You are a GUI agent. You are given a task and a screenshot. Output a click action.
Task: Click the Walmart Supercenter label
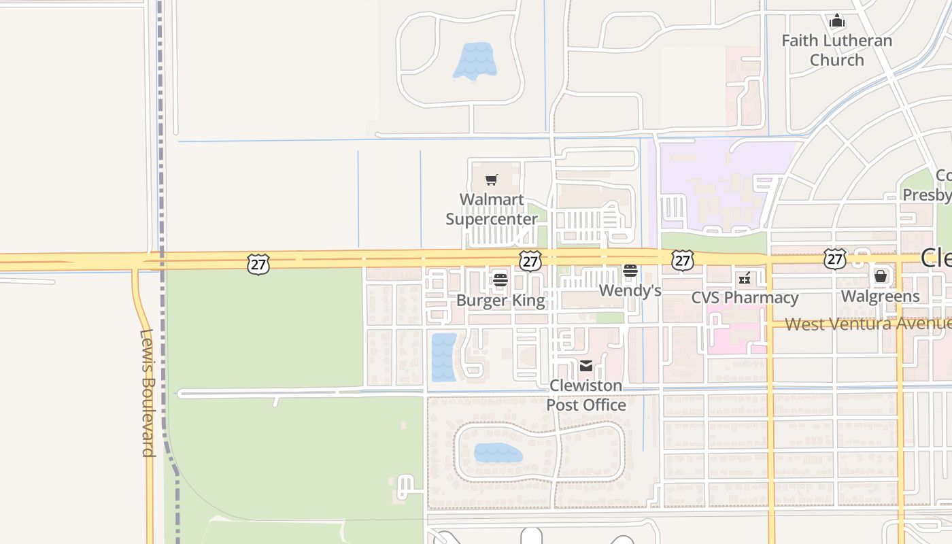point(492,209)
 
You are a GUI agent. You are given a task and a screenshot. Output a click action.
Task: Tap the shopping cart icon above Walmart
point(492,180)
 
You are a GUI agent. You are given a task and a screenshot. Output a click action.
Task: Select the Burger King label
point(500,301)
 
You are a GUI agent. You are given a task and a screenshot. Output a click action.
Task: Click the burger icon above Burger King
point(500,279)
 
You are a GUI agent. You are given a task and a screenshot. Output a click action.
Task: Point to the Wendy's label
point(630,291)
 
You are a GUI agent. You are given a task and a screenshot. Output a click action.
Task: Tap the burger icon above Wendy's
point(630,271)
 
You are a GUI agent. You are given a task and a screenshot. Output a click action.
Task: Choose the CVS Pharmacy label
point(745,298)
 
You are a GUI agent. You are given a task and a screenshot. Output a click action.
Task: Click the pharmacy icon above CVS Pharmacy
point(745,278)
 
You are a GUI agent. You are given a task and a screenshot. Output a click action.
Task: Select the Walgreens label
point(880,296)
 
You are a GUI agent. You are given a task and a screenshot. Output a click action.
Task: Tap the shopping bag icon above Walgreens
point(881,276)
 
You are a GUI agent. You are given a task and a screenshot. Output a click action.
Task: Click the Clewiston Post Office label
point(586,395)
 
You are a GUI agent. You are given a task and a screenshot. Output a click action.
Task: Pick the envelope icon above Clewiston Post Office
point(586,366)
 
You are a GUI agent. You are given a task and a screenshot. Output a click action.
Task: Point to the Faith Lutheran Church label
point(836,50)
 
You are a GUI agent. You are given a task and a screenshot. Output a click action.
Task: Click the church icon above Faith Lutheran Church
point(837,21)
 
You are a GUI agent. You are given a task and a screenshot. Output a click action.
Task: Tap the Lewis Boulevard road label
point(148,393)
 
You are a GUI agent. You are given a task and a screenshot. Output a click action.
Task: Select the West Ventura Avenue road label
point(868,324)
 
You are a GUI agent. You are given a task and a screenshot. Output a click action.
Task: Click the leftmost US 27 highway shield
point(258,264)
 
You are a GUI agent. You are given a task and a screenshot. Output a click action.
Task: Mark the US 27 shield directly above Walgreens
point(834,258)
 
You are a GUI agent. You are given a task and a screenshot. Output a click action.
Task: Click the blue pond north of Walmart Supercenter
point(475,61)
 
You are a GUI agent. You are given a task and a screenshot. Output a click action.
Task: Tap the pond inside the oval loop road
point(498,453)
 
